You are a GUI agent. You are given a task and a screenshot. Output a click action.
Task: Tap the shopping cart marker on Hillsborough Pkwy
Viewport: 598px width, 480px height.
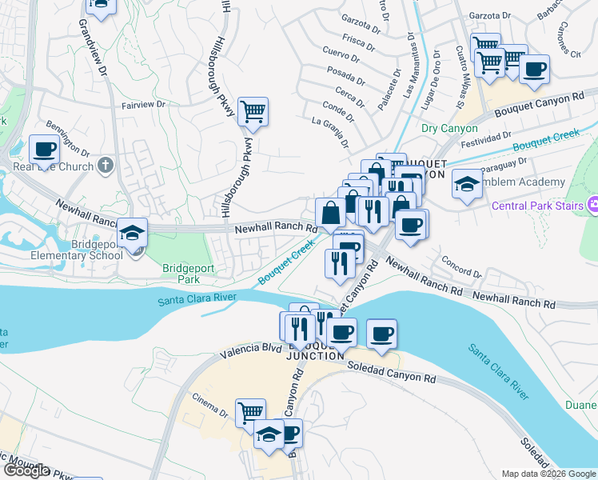tap(253, 113)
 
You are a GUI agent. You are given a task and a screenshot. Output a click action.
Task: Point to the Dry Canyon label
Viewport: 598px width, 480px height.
tap(449, 128)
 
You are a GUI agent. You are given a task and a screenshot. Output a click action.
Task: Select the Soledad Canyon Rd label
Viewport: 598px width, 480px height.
tap(392, 370)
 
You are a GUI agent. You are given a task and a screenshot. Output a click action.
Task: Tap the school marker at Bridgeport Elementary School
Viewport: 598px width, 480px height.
tap(132, 234)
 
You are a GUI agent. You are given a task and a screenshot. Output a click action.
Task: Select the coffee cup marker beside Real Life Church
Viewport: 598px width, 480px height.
tap(44, 149)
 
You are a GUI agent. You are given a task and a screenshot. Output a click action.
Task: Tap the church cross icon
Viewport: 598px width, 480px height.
tap(106, 167)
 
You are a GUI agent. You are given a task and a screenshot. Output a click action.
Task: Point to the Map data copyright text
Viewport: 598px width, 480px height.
tap(548, 474)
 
